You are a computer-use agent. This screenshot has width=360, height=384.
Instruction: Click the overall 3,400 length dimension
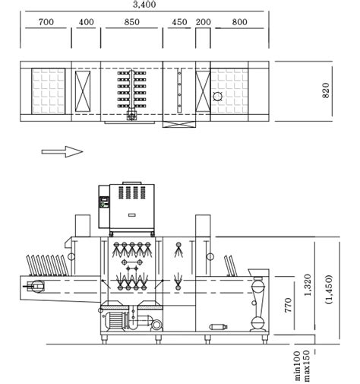pyautogui.click(x=144, y=5)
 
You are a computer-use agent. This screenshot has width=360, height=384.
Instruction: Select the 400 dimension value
pyautogui.click(x=87, y=22)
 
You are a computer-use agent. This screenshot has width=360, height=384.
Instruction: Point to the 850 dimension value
pyautogui.click(x=131, y=22)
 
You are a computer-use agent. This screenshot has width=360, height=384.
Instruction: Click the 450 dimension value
pyautogui.click(x=179, y=22)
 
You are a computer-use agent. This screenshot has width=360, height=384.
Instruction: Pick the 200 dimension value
pyautogui.click(x=203, y=22)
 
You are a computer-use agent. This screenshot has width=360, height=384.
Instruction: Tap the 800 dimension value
pyautogui.click(x=239, y=22)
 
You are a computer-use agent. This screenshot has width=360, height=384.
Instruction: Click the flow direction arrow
pyautogui.click(x=62, y=151)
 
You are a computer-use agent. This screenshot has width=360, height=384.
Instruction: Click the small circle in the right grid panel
pyautogui.click(x=219, y=97)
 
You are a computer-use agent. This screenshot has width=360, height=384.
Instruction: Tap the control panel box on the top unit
pyautogui.click(x=103, y=203)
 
